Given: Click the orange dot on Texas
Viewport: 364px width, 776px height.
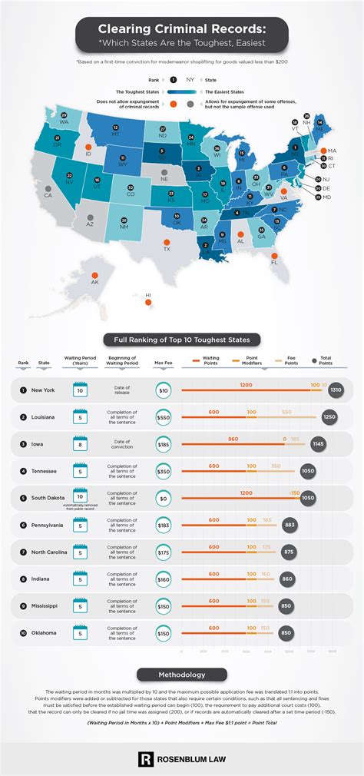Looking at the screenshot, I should (x=166, y=248).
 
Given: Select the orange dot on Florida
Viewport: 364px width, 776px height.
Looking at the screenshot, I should (x=274, y=261).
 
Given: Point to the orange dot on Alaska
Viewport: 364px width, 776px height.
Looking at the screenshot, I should (x=94, y=276).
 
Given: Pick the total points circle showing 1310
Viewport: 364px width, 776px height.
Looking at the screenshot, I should (x=335, y=390).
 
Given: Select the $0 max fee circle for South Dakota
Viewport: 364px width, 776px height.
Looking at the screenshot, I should (x=164, y=499).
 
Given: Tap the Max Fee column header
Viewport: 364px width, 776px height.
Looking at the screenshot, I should (x=163, y=363).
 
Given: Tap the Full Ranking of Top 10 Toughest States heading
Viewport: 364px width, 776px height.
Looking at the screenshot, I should (x=182, y=339).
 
